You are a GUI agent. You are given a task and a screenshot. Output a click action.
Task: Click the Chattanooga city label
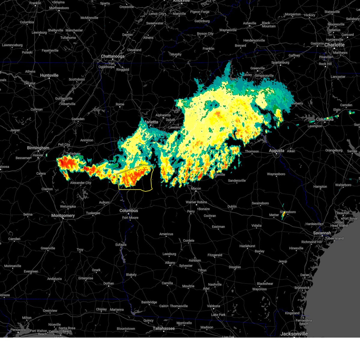[x=112, y=56]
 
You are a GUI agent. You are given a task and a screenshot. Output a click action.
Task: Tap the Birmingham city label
[x=38, y=148]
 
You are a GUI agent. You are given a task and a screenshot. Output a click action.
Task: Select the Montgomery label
[x=63, y=216]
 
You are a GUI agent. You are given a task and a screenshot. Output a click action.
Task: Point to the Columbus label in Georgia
[x=129, y=211]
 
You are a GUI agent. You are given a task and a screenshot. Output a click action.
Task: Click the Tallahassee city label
[x=164, y=328]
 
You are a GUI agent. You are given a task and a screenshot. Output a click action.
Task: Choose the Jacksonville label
[x=294, y=334]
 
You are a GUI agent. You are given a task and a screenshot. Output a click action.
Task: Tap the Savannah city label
[x=322, y=233]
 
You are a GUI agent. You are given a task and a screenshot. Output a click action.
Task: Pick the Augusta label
[x=276, y=151]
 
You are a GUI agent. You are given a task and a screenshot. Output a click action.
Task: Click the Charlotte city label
[x=334, y=45]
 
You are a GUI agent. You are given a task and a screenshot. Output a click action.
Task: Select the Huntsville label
[x=49, y=76]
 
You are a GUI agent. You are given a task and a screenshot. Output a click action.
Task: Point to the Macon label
[x=196, y=189]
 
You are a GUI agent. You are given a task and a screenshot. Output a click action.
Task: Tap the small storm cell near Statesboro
[x=283, y=215]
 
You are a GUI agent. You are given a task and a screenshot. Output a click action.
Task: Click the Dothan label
[x=109, y=283]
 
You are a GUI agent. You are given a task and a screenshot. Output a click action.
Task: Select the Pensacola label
[x=18, y=330]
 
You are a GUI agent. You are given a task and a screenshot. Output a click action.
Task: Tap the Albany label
[x=170, y=263]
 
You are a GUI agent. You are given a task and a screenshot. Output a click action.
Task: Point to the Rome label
[x=120, y=104]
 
